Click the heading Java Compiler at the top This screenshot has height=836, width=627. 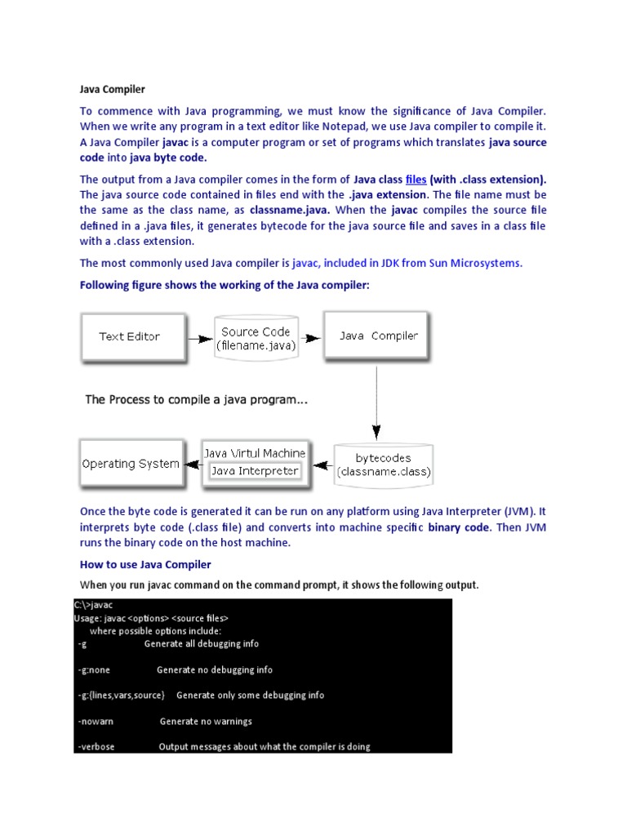(x=112, y=89)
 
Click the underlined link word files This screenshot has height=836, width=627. (x=416, y=180)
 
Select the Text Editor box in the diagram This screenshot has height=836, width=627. (x=130, y=336)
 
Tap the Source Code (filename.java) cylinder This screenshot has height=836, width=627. (x=256, y=338)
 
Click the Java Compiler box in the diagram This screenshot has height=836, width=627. (x=378, y=336)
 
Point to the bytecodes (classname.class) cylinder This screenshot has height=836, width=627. (x=384, y=465)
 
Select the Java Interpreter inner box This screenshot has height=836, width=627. (x=255, y=471)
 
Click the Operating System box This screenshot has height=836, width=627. (x=131, y=464)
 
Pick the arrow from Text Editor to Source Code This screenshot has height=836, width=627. (x=198, y=337)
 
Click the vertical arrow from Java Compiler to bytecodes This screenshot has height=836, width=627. (x=376, y=400)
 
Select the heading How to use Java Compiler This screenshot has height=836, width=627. (x=145, y=564)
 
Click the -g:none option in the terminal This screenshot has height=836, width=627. (x=94, y=669)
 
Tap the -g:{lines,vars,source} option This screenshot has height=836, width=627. (x=122, y=695)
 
